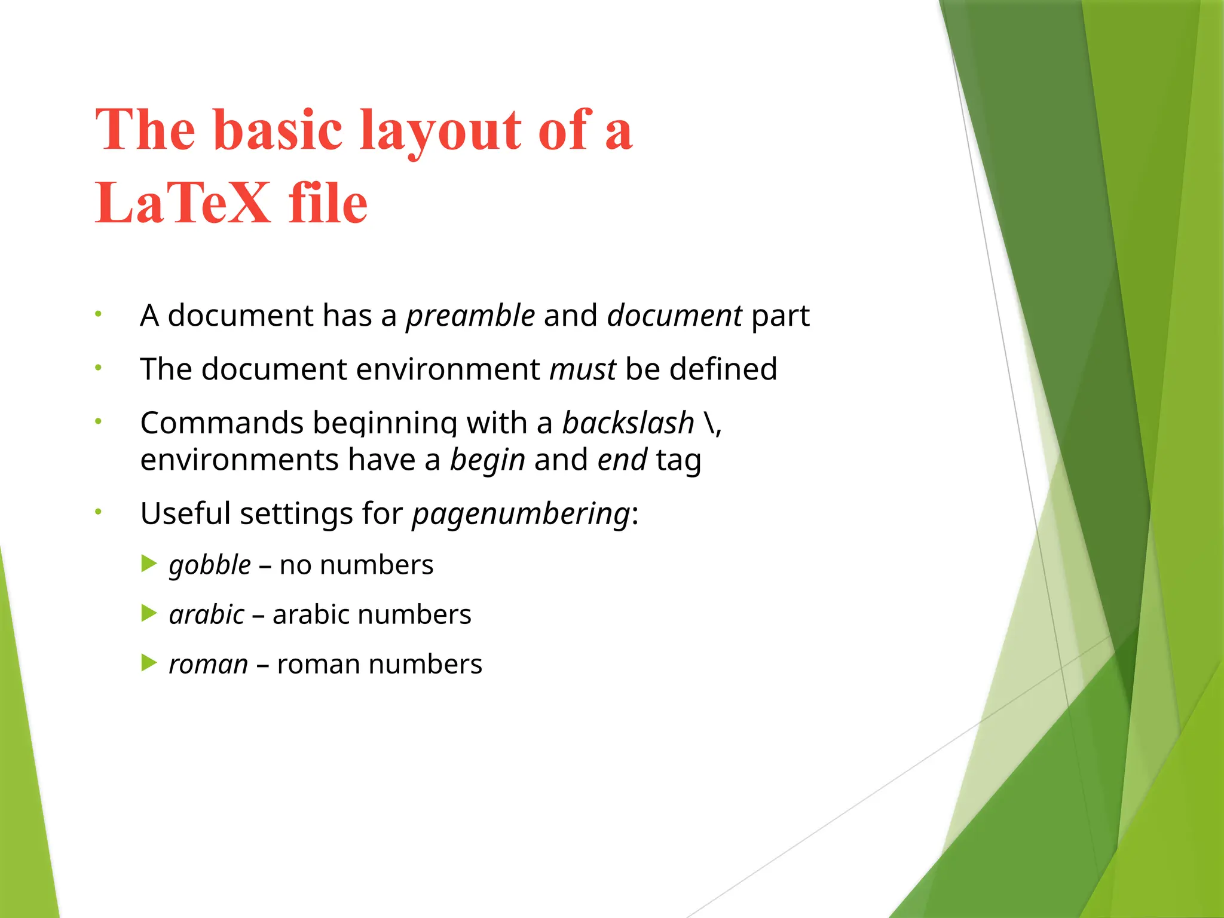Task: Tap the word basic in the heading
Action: [278, 130]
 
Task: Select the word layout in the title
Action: [441, 130]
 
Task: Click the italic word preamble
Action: [470, 316]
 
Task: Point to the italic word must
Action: [583, 369]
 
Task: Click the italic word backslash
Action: [628, 423]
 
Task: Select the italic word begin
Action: [487, 460]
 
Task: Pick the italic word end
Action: [622, 460]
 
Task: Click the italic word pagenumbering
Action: [521, 514]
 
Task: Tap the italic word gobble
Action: [210, 565]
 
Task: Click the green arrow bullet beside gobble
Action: [149, 564]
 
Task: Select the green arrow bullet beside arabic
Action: [149, 613]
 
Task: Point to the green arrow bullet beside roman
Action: [149, 663]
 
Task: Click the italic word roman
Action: [208, 665]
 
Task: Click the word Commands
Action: [222, 423]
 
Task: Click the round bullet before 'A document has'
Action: [99, 314]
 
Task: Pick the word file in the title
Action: [328, 203]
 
